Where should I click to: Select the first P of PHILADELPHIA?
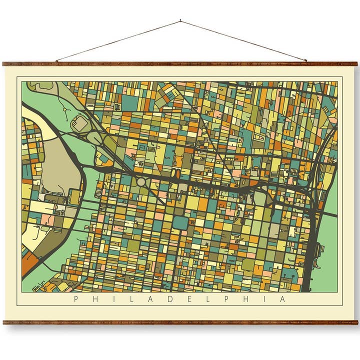(76, 299)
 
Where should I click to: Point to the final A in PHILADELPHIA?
(283, 299)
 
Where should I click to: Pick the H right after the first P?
(95, 299)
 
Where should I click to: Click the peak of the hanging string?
(180, 21)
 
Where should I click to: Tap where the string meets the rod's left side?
(56, 61)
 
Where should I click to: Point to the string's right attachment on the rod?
(306, 61)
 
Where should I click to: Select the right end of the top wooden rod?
(356, 64)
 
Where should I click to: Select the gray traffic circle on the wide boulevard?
(141, 182)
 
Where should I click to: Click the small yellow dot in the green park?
(65, 108)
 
